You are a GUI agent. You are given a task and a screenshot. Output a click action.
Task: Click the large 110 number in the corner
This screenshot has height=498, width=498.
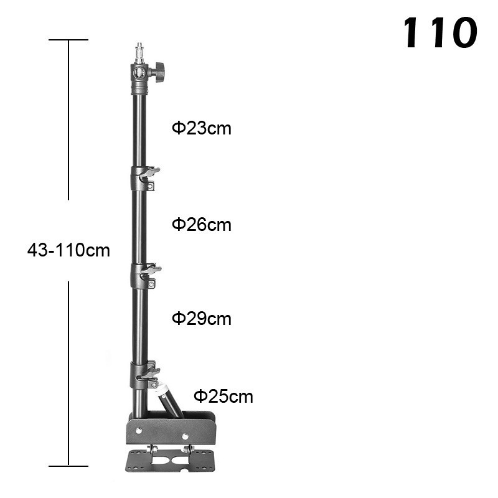[440, 33]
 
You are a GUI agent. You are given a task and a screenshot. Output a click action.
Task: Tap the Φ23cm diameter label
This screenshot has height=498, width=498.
[201, 128]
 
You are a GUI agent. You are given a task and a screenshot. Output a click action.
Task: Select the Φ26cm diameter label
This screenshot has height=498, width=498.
[201, 225]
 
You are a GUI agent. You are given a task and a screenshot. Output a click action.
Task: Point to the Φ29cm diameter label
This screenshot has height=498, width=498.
[201, 319]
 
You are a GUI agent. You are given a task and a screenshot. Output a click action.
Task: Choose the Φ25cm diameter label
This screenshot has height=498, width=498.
[223, 397]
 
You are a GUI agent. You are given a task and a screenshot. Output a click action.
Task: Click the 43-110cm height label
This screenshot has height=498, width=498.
[68, 250]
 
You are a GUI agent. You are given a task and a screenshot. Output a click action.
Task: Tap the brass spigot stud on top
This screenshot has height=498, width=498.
[139, 53]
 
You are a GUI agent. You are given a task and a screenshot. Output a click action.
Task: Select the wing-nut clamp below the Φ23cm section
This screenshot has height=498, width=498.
[144, 178]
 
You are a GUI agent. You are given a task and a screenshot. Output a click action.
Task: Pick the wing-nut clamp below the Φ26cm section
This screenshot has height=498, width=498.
[145, 275]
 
